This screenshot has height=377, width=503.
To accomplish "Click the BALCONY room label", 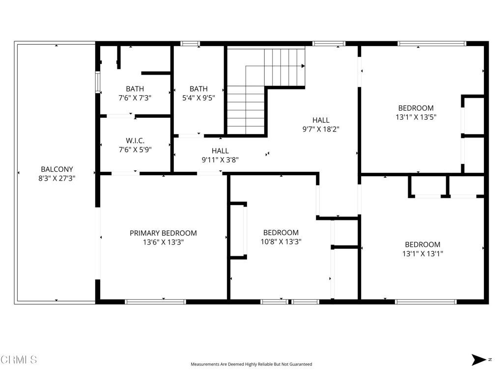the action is (x=57, y=169).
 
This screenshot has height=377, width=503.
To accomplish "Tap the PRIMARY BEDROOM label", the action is (x=163, y=233).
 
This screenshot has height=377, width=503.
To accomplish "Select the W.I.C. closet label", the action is (x=135, y=140).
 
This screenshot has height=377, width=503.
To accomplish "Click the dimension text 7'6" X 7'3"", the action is (x=135, y=98).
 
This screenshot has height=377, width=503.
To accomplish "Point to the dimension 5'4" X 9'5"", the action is (x=198, y=98).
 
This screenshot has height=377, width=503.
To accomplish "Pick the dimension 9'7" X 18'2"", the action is (x=321, y=129).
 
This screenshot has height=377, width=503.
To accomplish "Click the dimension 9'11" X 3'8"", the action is (x=220, y=160).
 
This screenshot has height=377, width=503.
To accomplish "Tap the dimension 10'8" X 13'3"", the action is (x=281, y=242).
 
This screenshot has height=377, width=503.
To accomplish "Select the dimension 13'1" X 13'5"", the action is (x=416, y=117).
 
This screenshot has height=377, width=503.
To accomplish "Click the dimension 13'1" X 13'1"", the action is (x=422, y=254).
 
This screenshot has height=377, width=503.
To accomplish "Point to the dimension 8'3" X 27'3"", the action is (x=57, y=178).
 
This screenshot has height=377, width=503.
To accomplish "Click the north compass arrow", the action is (x=479, y=359).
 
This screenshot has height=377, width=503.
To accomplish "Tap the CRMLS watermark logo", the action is (x=19, y=359).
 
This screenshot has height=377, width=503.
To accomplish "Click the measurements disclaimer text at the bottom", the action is (x=251, y=364).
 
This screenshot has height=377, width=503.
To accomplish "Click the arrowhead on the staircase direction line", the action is (x=303, y=66).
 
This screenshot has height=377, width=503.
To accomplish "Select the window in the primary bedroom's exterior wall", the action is (x=155, y=302).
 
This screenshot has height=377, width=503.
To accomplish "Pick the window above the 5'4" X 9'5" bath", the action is (x=190, y=44).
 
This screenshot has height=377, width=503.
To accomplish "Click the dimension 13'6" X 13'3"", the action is (x=163, y=242).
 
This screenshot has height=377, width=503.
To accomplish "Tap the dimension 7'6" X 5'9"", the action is (x=135, y=149).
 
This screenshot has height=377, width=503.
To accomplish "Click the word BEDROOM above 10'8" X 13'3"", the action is (x=281, y=232).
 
